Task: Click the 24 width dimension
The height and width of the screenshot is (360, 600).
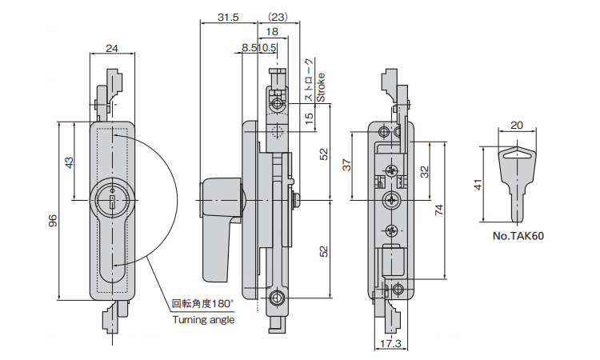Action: tap(112, 49)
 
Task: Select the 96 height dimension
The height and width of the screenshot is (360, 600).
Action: tap(53, 222)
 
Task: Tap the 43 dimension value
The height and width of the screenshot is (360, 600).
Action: tap(70, 162)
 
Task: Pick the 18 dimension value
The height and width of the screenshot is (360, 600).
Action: tap(272, 32)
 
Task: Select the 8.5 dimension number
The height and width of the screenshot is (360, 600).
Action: tap(249, 48)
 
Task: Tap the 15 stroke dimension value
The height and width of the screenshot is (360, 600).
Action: tap(309, 118)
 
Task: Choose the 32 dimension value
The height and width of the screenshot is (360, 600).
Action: tap(425, 170)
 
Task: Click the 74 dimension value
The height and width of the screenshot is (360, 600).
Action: tap(439, 210)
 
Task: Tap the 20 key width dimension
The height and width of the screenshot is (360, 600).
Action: tap(516, 126)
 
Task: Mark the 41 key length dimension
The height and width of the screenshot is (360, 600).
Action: tap(478, 185)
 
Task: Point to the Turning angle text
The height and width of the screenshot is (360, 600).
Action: tap(204, 319)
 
